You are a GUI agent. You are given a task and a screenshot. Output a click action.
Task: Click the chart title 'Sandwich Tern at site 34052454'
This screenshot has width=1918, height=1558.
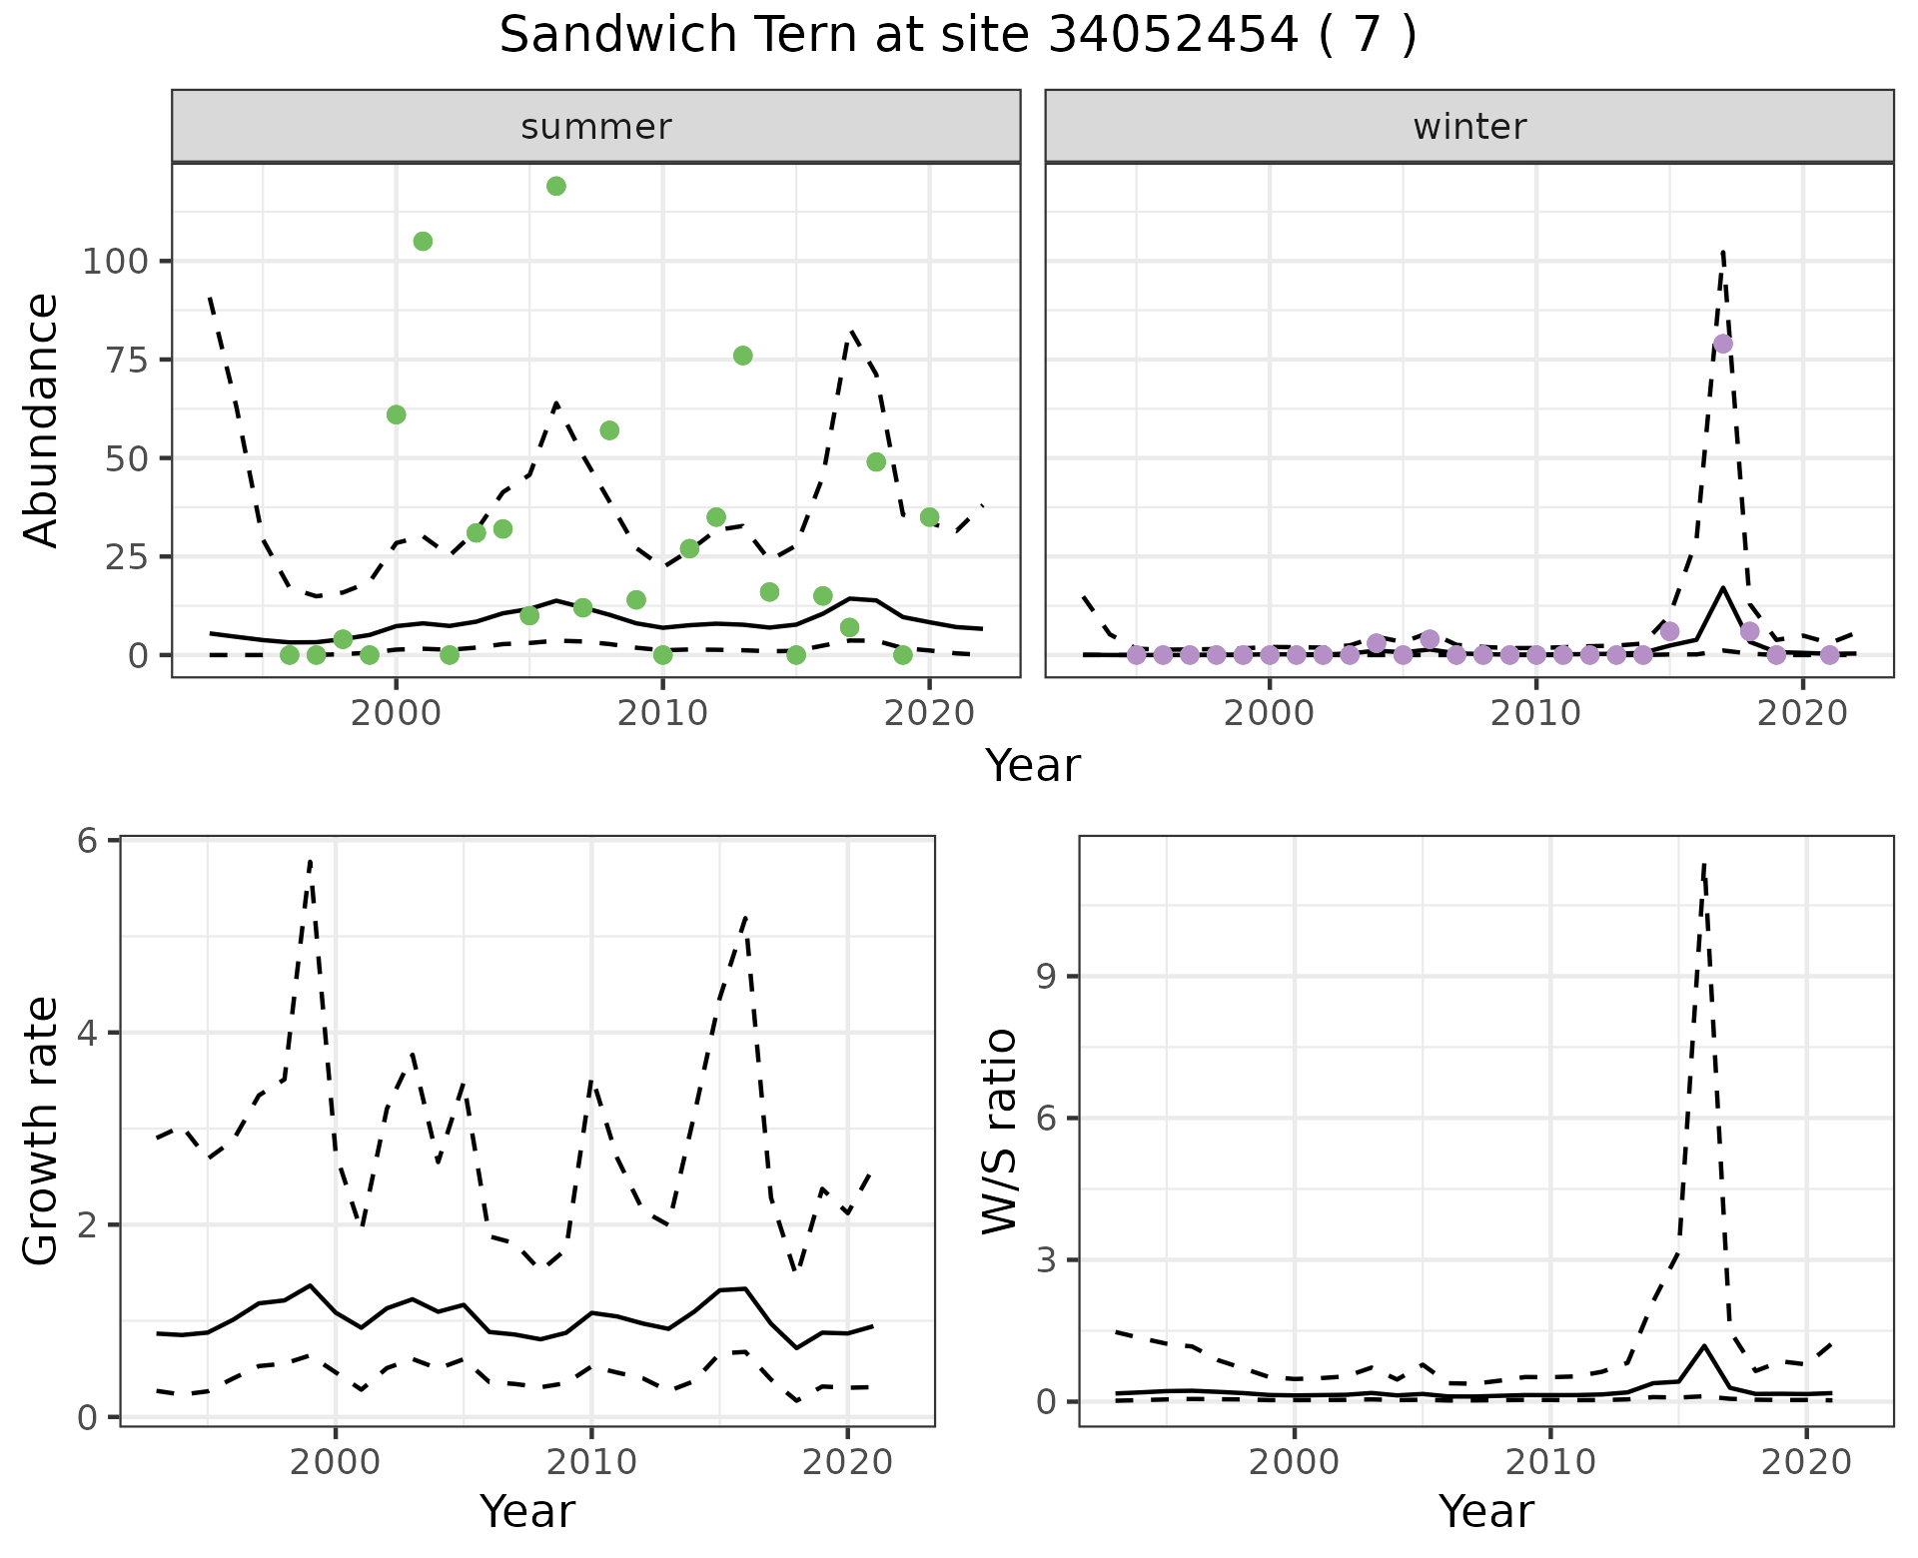coord(957,36)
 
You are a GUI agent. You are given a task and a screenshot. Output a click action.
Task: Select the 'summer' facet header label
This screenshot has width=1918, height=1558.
coord(596,127)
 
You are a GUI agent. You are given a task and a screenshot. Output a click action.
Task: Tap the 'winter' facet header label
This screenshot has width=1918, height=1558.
coord(1468,127)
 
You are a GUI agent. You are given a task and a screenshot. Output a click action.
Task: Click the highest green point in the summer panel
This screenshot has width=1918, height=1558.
coord(556,186)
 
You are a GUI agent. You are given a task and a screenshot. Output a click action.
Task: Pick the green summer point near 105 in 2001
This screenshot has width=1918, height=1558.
coord(423,242)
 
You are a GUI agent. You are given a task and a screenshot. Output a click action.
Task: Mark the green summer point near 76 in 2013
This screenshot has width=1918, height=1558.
coord(742,356)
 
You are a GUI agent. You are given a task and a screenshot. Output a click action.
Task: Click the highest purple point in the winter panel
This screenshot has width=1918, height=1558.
coord(1722,344)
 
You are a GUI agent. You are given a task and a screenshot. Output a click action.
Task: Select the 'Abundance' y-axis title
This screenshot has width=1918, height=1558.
coord(42,419)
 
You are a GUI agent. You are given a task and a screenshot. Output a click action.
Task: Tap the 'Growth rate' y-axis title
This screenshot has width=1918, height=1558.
coord(42,1132)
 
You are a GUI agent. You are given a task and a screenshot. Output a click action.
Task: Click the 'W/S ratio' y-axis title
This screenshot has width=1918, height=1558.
coord(999,1132)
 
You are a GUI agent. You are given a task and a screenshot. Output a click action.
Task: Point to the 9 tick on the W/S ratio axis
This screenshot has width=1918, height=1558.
coord(1048,976)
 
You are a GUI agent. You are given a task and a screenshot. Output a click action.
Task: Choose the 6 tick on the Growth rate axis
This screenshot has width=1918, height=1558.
coord(88,841)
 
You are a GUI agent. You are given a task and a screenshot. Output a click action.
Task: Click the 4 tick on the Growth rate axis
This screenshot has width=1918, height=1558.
coord(88,1033)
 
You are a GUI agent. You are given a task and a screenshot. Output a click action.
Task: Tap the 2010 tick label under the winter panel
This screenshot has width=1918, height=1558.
coord(1535,713)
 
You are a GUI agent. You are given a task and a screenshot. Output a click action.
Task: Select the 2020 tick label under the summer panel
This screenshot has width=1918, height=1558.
coord(929,713)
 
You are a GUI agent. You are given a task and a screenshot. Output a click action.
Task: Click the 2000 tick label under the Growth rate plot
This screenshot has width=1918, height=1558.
coord(336,1463)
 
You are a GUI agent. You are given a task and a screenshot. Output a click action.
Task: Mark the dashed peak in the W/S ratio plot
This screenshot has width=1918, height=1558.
coord(1703,864)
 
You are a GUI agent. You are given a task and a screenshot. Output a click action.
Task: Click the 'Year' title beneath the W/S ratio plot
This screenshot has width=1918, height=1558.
coord(1485,1512)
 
